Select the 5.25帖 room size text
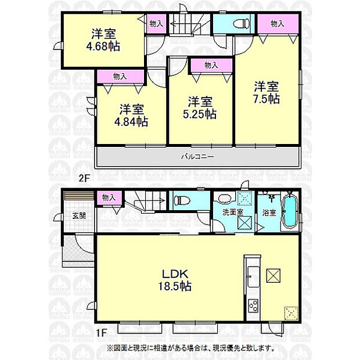pos(201,114)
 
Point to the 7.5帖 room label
pos(266,99)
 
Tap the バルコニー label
pos(197,156)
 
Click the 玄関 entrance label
pos(79,216)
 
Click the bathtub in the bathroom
pos(289,213)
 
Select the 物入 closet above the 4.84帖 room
pos(120,76)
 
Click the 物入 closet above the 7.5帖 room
pos(277,24)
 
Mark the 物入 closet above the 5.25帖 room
pos(210,65)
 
